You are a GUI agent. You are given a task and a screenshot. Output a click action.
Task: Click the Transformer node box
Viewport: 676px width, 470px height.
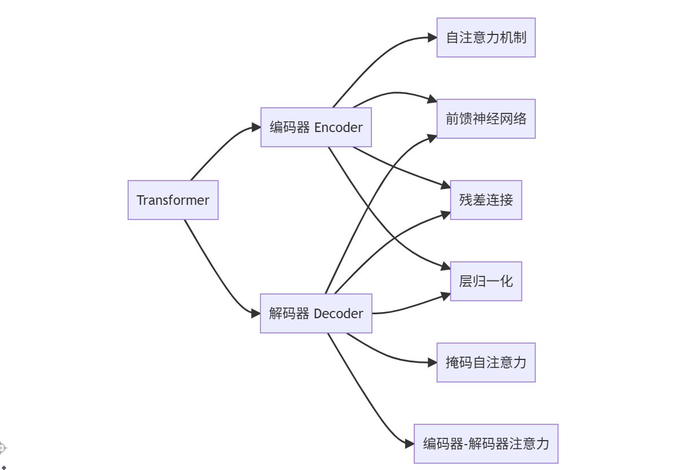173,200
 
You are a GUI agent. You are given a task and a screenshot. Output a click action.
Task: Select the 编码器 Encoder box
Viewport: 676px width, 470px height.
316,128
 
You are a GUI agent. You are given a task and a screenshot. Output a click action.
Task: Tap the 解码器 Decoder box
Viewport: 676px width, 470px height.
316,313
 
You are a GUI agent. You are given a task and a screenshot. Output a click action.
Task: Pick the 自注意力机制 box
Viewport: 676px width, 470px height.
486,38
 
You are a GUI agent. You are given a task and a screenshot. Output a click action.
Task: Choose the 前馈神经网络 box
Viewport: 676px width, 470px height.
486,119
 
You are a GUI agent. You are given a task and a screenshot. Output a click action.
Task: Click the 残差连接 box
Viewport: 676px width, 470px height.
486,200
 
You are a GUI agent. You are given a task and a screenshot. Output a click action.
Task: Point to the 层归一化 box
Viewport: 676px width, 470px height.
486,281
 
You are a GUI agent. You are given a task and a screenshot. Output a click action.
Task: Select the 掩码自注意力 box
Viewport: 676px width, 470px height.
486,362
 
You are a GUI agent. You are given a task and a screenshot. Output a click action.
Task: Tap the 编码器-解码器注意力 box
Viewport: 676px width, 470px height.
486,443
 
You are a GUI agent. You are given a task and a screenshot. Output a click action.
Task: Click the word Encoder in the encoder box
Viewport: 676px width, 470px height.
338,128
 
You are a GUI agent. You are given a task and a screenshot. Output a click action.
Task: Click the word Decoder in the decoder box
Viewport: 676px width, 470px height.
338,313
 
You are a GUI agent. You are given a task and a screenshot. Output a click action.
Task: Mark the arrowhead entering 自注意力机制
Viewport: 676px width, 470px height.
432,38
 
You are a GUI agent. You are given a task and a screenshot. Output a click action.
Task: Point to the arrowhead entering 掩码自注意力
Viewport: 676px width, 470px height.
432,362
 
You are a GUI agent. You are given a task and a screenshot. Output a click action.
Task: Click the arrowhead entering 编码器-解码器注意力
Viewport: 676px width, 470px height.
410,443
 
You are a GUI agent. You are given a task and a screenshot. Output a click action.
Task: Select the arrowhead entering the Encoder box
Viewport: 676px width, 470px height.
256,128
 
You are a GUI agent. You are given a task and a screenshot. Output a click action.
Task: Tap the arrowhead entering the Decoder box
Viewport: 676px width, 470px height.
256,313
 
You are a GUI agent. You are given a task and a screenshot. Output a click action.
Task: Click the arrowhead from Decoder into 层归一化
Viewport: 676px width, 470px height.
446,293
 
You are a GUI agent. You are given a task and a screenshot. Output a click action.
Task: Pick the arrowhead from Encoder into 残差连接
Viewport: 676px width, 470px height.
446,186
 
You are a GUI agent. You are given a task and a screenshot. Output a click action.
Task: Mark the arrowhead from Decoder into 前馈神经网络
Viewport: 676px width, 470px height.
433,136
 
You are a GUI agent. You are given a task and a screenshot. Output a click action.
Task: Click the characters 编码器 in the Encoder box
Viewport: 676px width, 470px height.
289,128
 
